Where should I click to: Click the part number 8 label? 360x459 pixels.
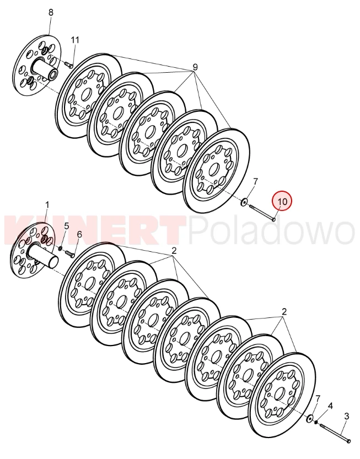point(51,12)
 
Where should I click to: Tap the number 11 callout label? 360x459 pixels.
point(76,40)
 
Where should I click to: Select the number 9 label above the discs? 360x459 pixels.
point(195,67)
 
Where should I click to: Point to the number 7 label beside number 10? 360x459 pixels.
point(255,181)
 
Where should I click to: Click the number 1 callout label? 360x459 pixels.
point(47,204)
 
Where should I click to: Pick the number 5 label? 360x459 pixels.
point(67,226)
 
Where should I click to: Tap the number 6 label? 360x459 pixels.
point(79,234)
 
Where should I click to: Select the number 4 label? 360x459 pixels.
point(330,406)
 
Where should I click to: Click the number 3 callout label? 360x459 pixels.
point(346,416)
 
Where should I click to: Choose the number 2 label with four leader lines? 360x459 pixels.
point(174,251)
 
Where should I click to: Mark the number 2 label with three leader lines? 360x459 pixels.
point(283,311)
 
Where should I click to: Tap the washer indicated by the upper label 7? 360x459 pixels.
point(244,202)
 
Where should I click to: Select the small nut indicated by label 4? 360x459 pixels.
point(316,423)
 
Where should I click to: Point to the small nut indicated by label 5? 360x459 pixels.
point(60,249)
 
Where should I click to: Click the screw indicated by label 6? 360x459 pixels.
point(69,254)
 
